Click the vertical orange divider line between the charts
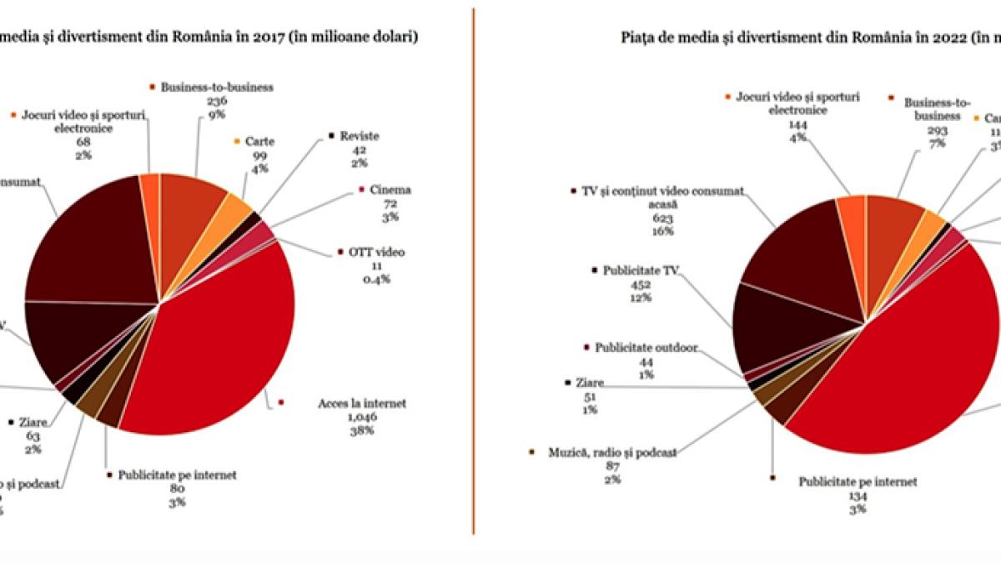tap(473, 275)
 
